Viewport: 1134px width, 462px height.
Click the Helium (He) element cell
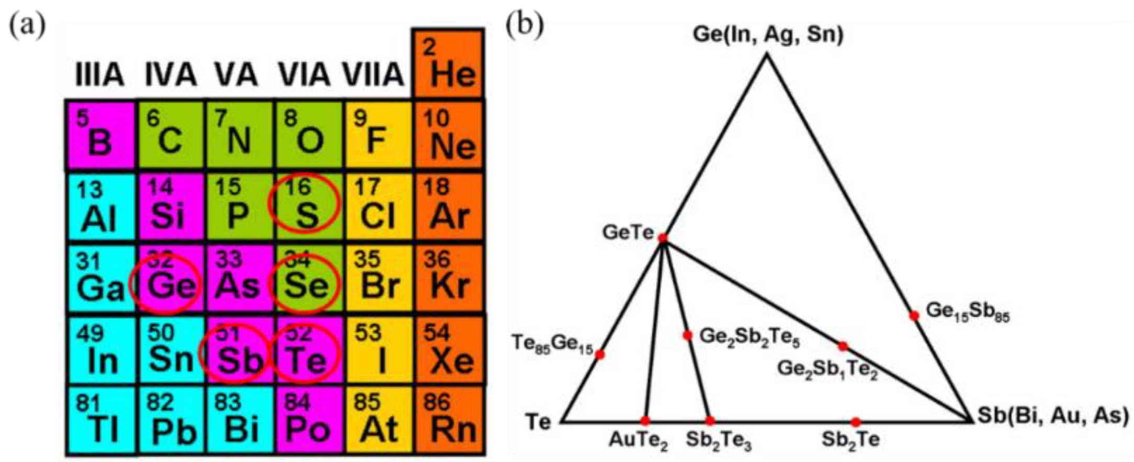[448, 64]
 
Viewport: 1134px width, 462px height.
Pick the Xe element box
[449, 351]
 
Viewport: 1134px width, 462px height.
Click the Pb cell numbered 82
[172, 421]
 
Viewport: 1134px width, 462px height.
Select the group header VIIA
[374, 75]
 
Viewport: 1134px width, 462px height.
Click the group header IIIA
[99, 75]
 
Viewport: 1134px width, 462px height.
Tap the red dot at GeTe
[663, 238]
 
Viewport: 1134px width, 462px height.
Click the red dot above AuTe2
[645, 421]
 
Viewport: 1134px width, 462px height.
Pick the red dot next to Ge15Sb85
[914, 316]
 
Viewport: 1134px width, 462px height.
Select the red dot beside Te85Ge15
[600, 355]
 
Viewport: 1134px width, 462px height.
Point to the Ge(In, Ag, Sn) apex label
[768, 34]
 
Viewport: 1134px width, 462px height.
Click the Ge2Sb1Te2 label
[827, 369]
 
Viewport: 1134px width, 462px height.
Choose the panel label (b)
[524, 25]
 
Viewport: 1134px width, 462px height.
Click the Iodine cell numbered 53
[378, 351]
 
